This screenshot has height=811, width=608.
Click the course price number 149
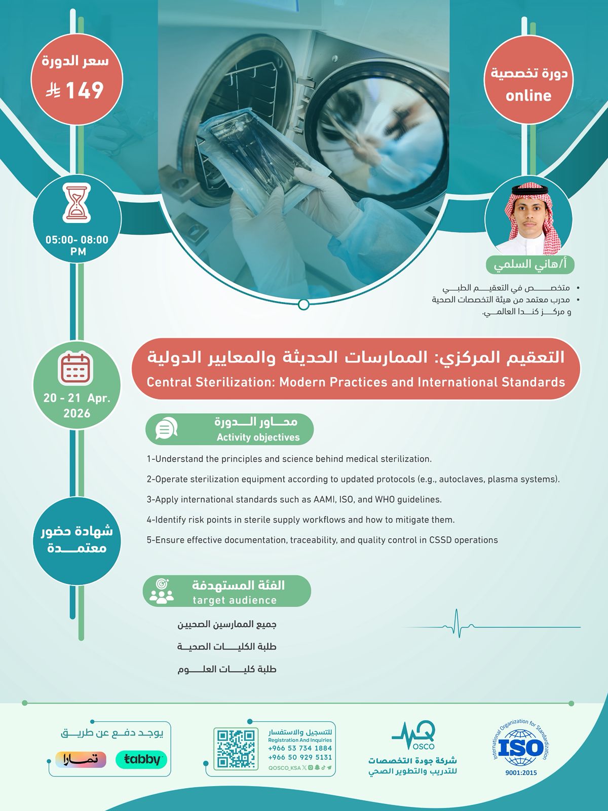pos(85,91)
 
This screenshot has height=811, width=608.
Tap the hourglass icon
pos(77,203)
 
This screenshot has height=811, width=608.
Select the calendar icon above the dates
pos(77,368)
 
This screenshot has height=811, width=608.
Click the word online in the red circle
pos(528,96)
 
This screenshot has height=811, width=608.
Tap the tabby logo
pos(141,759)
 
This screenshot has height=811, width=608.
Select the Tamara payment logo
pos(81,759)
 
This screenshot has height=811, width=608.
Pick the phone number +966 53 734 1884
pos(300,748)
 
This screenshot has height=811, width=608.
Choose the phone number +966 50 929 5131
pos(300,757)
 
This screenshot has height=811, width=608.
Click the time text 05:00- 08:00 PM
pos(77,245)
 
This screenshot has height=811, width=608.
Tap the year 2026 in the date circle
pos(77,414)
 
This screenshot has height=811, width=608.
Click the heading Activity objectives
pos(258,437)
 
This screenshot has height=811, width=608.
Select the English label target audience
pos(235,601)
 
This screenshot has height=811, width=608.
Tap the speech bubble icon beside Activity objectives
pos(166,429)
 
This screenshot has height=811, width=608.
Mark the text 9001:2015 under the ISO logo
pos(521,773)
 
